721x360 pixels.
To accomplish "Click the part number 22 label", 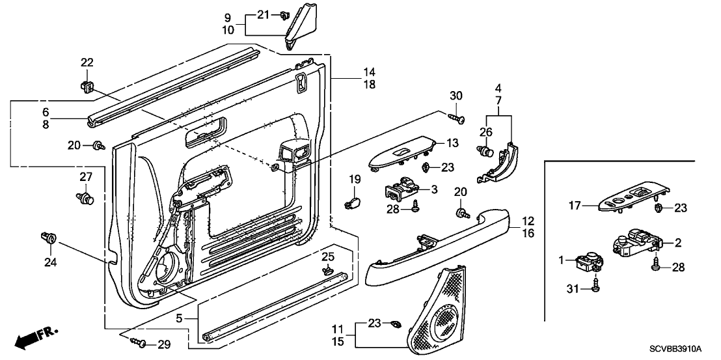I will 87,63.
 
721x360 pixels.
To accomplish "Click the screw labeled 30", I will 457,118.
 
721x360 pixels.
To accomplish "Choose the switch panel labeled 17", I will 631,198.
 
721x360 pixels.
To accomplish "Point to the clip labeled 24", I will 48,238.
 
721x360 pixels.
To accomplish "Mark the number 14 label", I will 369,72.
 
